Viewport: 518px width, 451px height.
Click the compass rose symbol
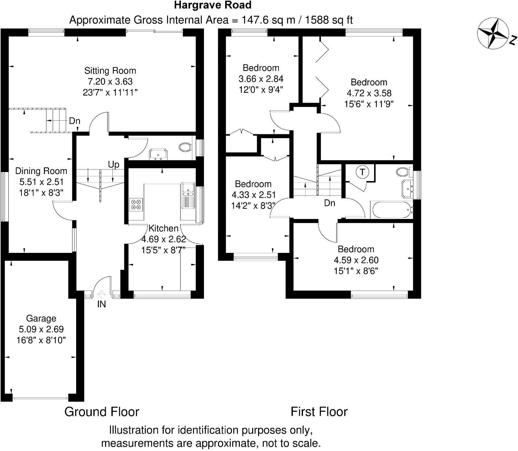(493, 34)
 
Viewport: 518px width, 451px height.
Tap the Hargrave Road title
(212, 5)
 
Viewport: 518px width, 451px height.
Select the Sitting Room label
(110, 71)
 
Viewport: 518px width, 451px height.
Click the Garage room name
(41, 318)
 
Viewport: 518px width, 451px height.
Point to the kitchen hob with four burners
(136, 204)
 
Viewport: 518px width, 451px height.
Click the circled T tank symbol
(362, 172)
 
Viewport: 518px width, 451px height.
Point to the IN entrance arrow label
(102, 304)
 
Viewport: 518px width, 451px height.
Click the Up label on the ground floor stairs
(114, 165)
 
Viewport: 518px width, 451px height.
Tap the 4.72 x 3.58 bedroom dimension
(369, 93)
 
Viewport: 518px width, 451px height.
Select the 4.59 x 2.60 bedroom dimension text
(356, 260)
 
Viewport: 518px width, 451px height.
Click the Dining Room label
(41, 171)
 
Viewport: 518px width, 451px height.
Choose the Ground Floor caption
(102, 412)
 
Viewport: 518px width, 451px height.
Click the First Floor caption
(319, 412)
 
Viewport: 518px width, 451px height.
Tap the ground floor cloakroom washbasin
(158, 154)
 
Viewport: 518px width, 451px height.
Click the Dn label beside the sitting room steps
(75, 121)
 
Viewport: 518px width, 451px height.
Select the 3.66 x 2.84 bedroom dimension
(261, 79)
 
